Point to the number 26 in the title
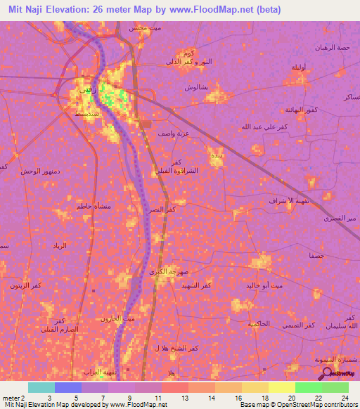(112, 9)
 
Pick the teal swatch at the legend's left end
(41, 387)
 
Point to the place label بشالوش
(195, 87)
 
